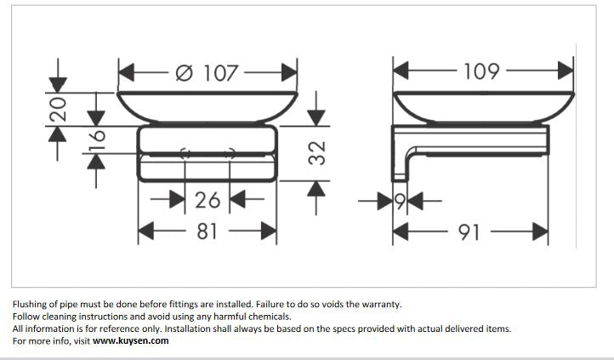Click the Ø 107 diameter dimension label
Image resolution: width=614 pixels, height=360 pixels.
pyautogui.click(x=207, y=73)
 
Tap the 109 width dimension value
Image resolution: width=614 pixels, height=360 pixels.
pyautogui.click(x=481, y=71)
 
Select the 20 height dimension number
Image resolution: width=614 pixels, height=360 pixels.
pyautogui.click(x=58, y=109)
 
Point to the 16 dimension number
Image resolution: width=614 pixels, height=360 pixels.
pyautogui.click(x=96, y=140)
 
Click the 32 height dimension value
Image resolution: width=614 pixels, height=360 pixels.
pyautogui.click(x=317, y=153)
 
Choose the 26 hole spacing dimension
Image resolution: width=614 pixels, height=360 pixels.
pyautogui.click(x=208, y=200)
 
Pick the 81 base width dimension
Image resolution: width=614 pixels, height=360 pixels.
pyautogui.click(x=207, y=231)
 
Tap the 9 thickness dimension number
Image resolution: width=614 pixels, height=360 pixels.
pyautogui.click(x=400, y=202)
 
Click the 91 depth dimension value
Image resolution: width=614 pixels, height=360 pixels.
pyautogui.click(x=469, y=232)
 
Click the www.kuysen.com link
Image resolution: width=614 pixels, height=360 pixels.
pyautogui.click(x=131, y=340)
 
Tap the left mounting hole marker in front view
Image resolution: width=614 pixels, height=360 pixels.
pyautogui.click(x=185, y=153)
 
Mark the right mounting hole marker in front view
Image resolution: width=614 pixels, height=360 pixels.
pyautogui.click(x=230, y=153)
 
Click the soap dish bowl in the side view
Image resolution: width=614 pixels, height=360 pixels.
pyautogui.click(x=484, y=107)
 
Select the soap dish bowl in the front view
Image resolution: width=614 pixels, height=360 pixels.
pyautogui.click(x=208, y=107)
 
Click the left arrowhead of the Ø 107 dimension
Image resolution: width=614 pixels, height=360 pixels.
pyautogui.click(x=127, y=73)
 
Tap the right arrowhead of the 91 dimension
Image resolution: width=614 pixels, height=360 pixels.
pyautogui.click(x=540, y=231)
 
